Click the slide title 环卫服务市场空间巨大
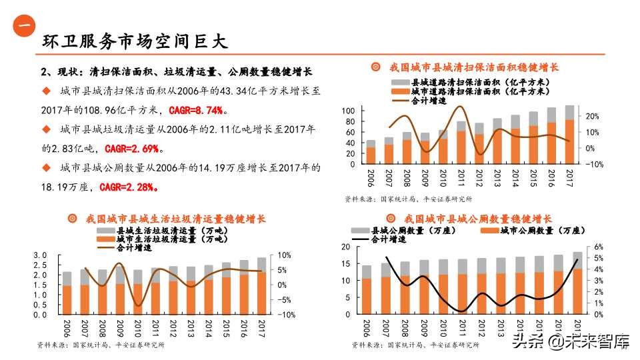(x=135, y=41)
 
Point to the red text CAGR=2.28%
(x=128, y=187)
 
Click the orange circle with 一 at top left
(x=25, y=25)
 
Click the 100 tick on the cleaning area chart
(x=348, y=110)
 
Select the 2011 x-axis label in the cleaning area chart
(x=461, y=177)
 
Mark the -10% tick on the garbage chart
(x=283, y=315)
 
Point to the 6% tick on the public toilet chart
(x=598, y=247)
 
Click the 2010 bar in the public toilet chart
(x=443, y=287)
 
